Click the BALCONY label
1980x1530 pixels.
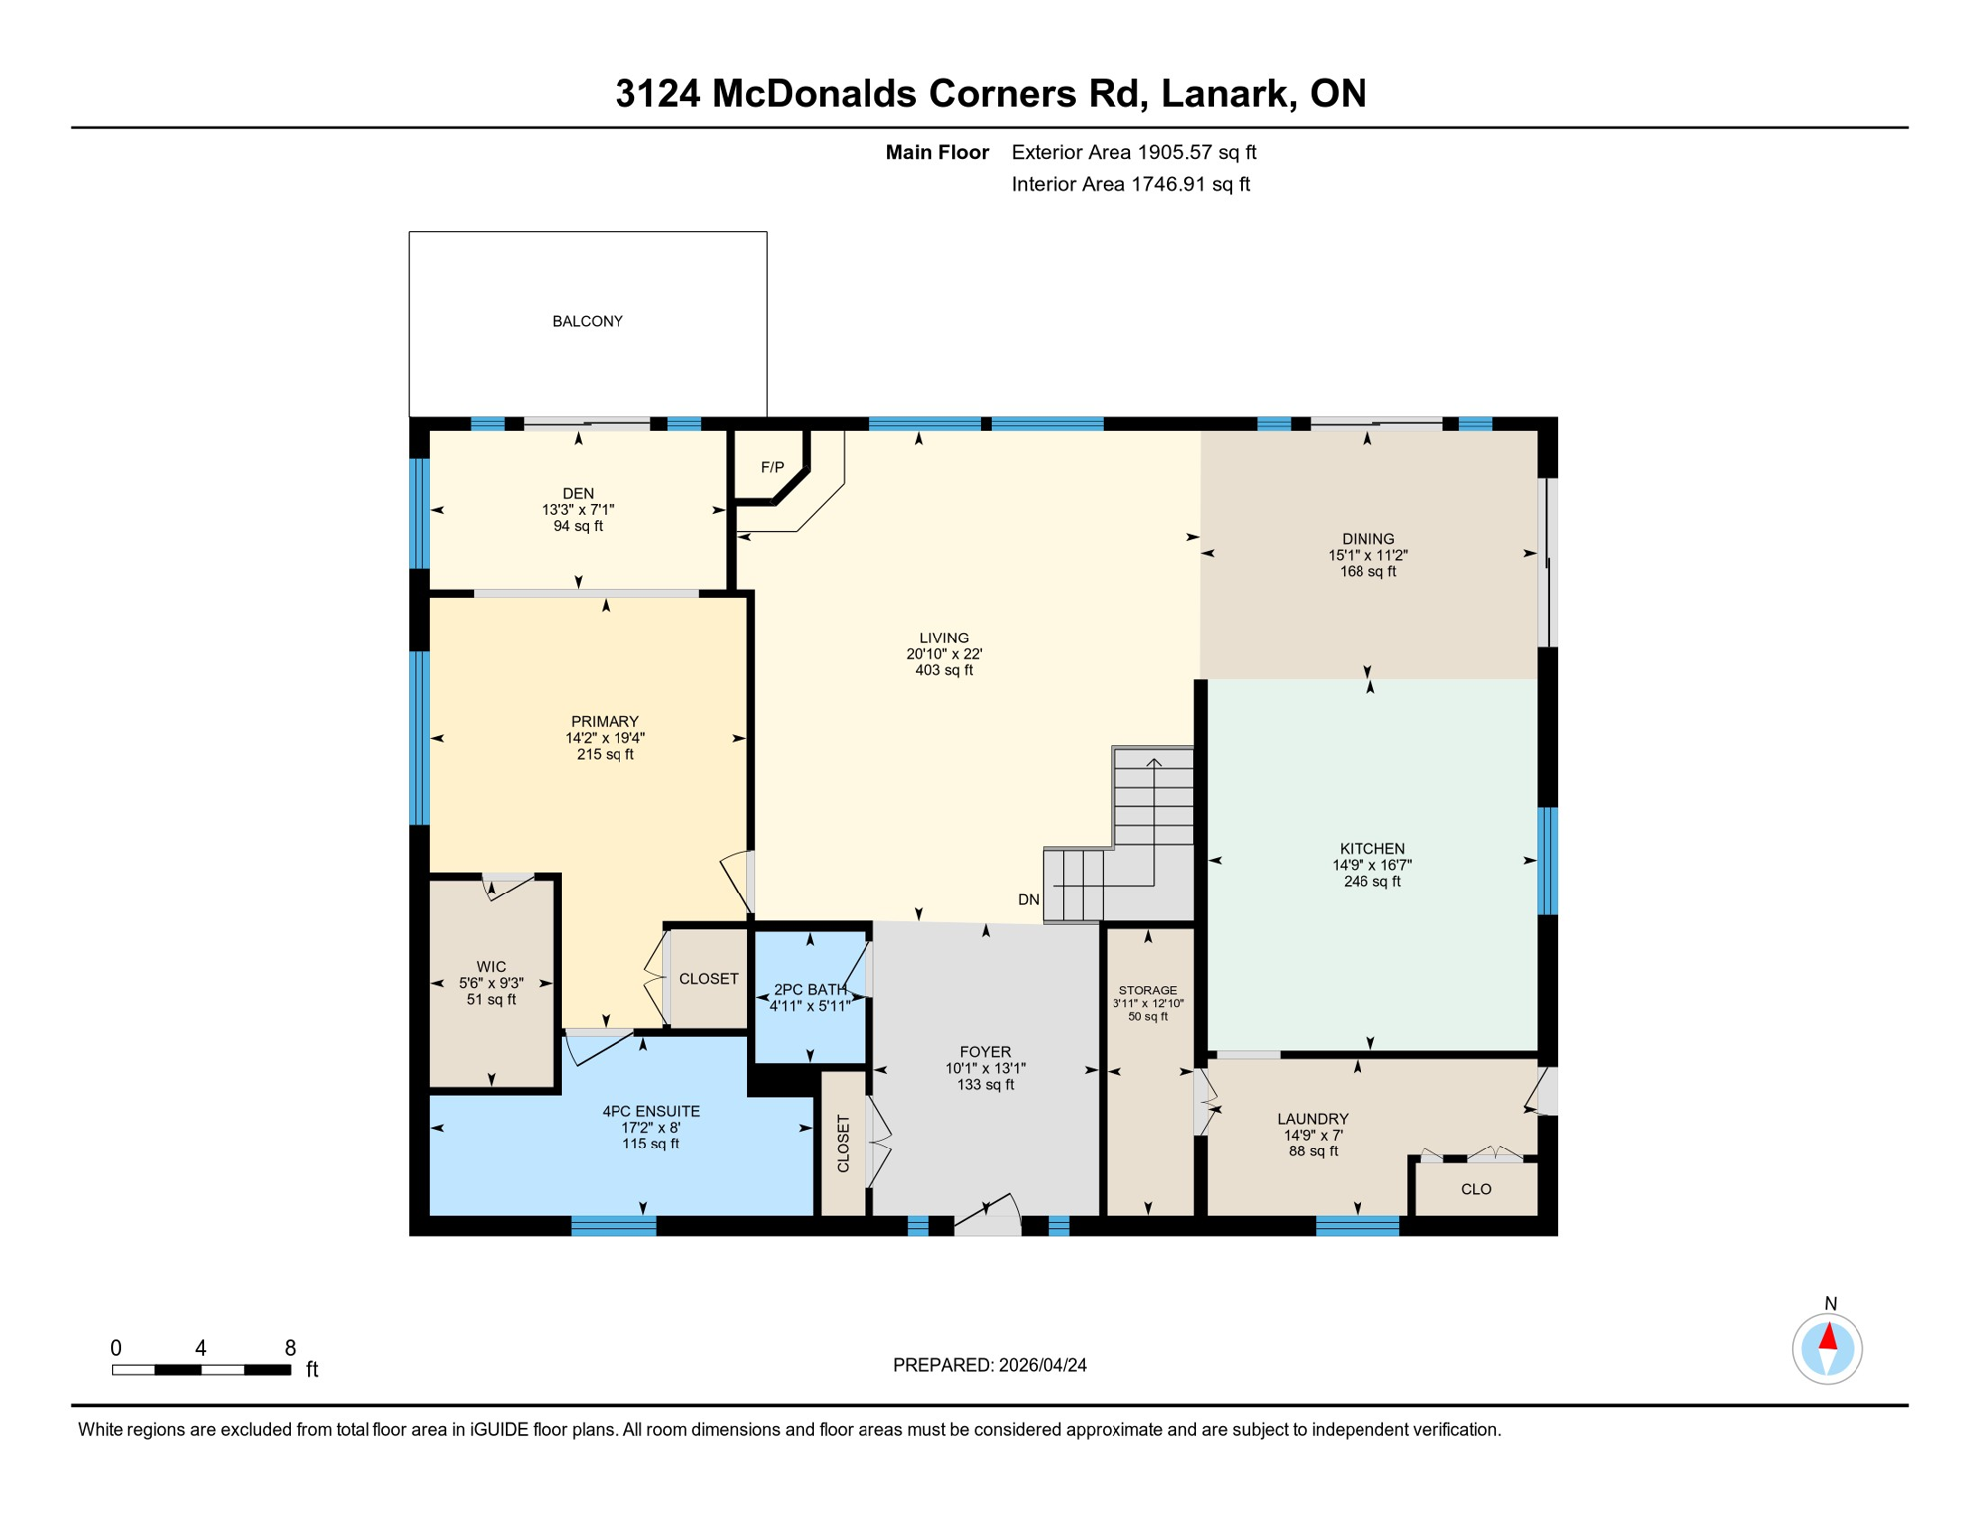(x=588, y=321)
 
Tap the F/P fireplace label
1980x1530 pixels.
(x=772, y=467)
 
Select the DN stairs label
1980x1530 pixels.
(x=1029, y=899)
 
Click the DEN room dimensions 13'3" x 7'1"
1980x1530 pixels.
(x=578, y=509)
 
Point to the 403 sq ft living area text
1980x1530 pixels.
(x=944, y=670)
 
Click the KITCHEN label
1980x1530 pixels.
(x=1371, y=848)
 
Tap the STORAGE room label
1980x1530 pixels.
(x=1147, y=990)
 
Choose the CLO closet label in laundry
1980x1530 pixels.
(x=1476, y=1189)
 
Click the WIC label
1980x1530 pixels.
(x=491, y=966)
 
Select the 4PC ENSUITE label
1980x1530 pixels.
(x=650, y=1111)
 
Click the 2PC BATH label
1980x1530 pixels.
(x=810, y=989)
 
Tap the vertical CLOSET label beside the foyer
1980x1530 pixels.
(x=844, y=1144)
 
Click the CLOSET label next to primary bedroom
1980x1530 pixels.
(x=708, y=979)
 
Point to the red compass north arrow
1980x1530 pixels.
(x=1828, y=1337)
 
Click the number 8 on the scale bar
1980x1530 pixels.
(x=290, y=1348)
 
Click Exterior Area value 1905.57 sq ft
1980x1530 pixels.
(x=1196, y=152)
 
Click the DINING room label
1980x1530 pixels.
(x=1367, y=538)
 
